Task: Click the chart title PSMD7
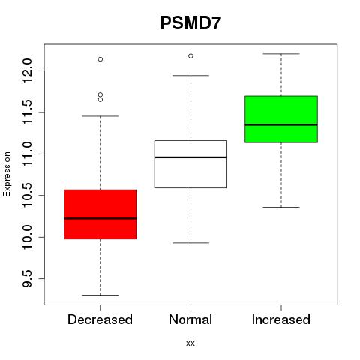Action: point(190,23)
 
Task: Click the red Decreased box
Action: point(100,214)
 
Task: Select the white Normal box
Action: point(190,164)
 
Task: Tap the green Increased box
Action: point(281,119)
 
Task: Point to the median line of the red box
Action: point(100,218)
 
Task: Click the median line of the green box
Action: point(281,124)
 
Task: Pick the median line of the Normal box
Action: point(190,157)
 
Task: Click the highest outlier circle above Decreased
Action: point(100,59)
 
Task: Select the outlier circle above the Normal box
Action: point(190,56)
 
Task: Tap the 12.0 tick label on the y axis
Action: point(27,70)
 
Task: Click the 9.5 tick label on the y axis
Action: point(27,278)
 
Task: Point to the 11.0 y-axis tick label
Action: point(27,154)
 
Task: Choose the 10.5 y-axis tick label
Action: point(27,196)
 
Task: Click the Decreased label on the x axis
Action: point(100,319)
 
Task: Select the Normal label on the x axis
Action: point(190,319)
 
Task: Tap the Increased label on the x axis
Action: point(281,319)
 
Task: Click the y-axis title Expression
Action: point(7,174)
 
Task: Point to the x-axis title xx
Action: point(190,343)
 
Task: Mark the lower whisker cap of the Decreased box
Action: point(100,295)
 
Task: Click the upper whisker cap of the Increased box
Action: point(281,54)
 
